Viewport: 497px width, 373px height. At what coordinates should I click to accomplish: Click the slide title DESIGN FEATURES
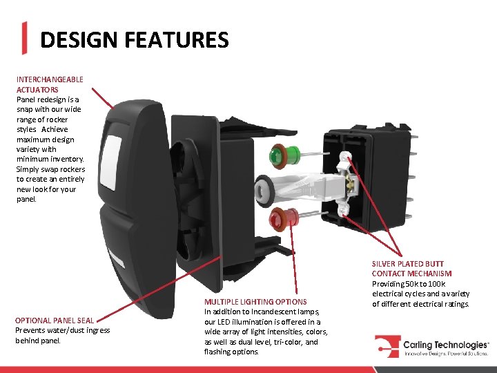(x=134, y=40)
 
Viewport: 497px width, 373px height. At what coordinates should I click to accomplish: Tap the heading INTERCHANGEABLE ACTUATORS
(x=50, y=84)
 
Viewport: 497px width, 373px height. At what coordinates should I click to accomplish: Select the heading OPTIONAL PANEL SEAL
(x=55, y=321)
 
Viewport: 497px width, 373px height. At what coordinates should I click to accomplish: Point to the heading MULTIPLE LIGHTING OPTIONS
(x=255, y=302)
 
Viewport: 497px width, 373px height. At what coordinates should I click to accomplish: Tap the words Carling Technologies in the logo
(x=447, y=343)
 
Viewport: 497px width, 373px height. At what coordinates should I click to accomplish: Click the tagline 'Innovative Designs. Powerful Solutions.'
(x=447, y=354)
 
